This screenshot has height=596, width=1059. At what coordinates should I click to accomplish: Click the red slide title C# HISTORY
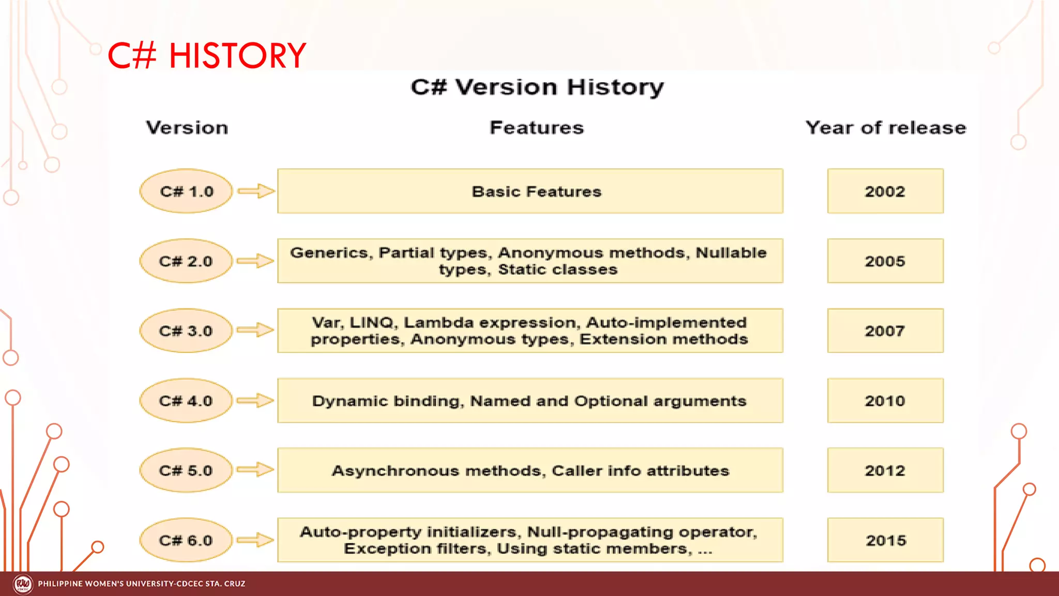click(x=206, y=55)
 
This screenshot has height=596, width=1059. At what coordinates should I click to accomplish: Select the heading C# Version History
click(x=537, y=87)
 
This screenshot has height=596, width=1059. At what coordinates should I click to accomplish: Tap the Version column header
click(x=187, y=128)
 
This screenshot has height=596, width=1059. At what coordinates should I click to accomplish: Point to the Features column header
click(x=536, y=128)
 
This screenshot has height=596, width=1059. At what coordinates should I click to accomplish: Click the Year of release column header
click(x=885, y=128)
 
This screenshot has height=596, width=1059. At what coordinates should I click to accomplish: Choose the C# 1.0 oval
click(x=186, y=191)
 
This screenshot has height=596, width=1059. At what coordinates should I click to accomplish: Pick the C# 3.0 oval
click(x=186, y=331)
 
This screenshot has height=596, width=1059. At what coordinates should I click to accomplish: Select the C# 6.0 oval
click(x=186, y=541)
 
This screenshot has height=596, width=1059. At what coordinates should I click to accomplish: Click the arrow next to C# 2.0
click(x=255, y=261)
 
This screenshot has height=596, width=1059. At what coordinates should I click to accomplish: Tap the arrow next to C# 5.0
click(x=255, y=470)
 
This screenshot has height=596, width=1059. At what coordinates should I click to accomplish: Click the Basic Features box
click(x=530, y=191)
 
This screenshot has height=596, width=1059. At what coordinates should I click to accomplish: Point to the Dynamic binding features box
click(x=530, y=401)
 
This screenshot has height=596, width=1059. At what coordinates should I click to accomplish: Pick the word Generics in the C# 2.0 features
click(x=329, y=253)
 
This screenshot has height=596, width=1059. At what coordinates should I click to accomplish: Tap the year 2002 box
click(x=885, y=191)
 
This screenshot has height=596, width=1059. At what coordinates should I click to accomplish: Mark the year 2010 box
click(x=885, y=401)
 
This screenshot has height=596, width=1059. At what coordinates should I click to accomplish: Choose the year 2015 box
click(x=885, y=541)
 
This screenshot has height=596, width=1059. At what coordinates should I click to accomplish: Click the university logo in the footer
click(x=23, y=584)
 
